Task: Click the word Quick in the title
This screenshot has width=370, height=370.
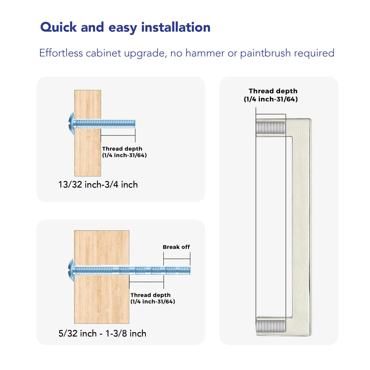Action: (59, 27)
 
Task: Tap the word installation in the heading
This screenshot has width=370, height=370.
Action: (176, 27)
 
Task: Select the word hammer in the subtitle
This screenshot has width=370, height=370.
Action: (205, 53)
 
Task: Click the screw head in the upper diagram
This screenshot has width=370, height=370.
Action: (72, 124)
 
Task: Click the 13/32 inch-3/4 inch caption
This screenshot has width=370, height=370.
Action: (98, 185)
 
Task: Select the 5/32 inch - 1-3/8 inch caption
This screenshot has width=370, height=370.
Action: (102, 334)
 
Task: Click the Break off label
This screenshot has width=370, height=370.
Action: (176, 247)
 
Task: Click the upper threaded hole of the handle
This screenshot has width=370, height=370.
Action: (271, 128)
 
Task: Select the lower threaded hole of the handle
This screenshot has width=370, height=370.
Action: (271, 326)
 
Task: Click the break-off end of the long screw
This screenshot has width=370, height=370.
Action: (177, 270)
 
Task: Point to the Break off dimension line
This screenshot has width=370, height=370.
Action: (177, 259)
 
